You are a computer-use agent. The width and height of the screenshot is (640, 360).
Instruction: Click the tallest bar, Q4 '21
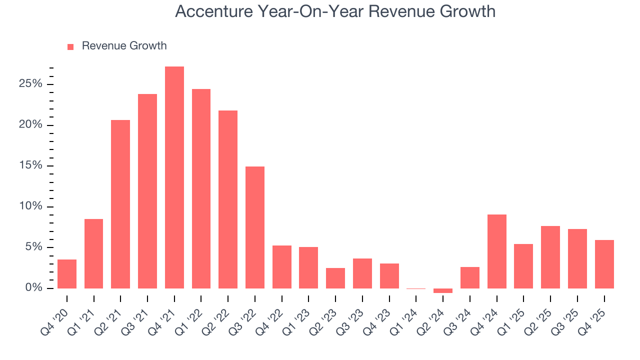tap(174, 177)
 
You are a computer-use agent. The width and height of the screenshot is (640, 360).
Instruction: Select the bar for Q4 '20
tap(67, 274)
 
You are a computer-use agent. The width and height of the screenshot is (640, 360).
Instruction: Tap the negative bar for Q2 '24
tap(443, 290)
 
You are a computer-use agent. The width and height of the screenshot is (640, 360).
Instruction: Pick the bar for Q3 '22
tap(255, 227)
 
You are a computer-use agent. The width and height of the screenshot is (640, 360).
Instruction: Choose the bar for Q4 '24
tap(497, 251)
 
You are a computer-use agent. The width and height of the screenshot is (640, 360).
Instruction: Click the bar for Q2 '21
tap(120, 204)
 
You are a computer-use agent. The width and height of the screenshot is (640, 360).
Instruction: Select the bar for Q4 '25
tap(604, 264)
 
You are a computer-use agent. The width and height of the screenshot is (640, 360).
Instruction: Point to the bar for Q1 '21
tap(94, 253)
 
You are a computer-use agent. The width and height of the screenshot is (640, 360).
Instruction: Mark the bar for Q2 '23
tap(335, 278)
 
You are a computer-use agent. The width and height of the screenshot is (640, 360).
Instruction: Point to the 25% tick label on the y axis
tap(30, 84)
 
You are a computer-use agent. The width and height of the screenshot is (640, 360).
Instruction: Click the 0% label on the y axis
tap(33, 288)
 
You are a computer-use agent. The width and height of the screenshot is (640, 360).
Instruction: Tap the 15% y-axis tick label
tap(30, 166)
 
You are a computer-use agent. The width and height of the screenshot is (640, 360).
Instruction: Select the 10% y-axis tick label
tap(30, 206)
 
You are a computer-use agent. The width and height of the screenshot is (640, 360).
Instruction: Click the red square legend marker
tap(70, 46)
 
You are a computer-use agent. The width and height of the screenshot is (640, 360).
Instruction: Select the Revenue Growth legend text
tap(124, 46)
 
